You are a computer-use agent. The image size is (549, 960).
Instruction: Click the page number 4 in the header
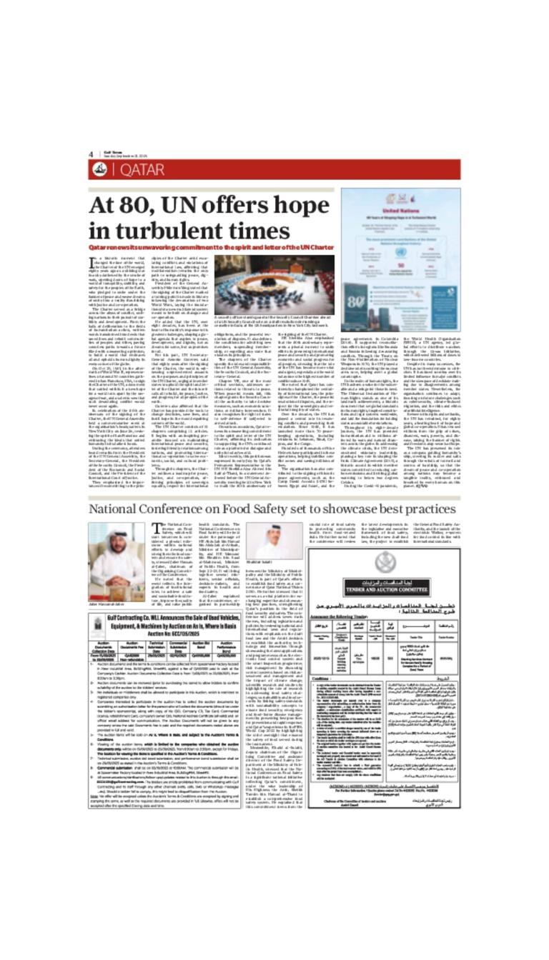[91, 154]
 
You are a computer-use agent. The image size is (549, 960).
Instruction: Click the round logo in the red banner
[101, 169]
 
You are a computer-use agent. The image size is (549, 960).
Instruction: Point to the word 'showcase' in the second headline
[347, 509]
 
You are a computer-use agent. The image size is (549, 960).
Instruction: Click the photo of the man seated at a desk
[117, 552]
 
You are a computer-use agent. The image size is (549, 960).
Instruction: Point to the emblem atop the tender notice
[385, 562]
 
